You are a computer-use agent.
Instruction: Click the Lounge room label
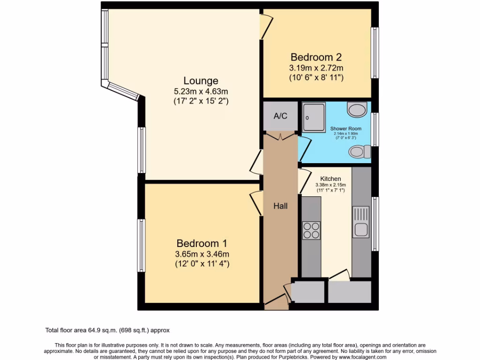tap(201, 81)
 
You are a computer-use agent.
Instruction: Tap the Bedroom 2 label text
tap(316, 57)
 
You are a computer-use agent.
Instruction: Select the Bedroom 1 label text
tap(202, 243)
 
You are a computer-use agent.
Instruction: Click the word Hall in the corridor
tap(280, 206)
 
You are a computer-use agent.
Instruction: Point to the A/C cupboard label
tap(280, 116)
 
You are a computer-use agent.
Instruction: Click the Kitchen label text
tap(330, 179)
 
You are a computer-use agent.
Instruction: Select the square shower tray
tap(313, 117)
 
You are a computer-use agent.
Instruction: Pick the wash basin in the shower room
tap(357, 110)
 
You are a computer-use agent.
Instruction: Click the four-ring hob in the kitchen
tap(311, 230)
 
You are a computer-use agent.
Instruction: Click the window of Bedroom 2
tap(375, 52)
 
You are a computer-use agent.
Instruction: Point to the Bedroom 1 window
tap(141, 245)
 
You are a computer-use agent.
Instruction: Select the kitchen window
tap(375, 224)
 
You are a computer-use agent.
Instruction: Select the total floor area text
tap(110, 330)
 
